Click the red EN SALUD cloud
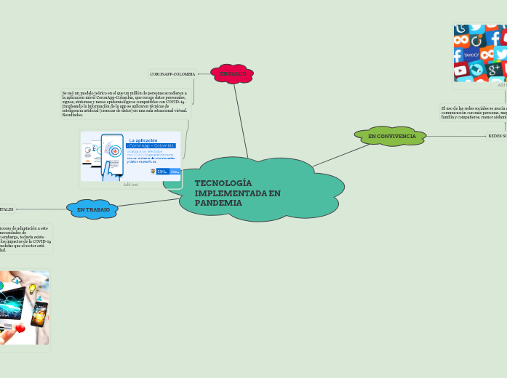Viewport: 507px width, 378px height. point(232,73)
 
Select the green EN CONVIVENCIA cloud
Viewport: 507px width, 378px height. point(391,136)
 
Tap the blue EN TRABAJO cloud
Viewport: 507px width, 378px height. point(92,209)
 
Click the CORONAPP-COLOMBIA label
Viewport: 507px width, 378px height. point(172,74)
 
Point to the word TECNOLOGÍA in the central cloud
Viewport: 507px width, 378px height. point(223,183)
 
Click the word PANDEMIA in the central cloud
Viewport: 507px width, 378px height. point(218,203)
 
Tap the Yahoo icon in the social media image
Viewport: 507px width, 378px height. point(471,55)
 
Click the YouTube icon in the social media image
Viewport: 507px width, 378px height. point(461,71)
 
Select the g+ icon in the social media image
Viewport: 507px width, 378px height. point(494,70)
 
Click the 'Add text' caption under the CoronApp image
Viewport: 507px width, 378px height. point(130,185)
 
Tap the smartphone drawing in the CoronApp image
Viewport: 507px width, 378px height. point(112,154)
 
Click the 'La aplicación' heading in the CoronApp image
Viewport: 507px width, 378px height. point(143,140)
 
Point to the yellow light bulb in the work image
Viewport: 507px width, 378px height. point(33,289)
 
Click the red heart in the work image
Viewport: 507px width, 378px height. point(20,329)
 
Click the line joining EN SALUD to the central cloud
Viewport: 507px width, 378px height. point(241,120)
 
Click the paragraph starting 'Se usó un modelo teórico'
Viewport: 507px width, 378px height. point(124,104)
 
